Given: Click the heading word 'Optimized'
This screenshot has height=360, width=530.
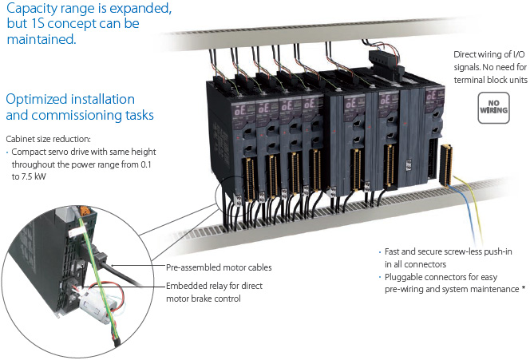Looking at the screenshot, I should [36, 100].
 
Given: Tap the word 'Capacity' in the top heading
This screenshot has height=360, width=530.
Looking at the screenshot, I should [33, 11].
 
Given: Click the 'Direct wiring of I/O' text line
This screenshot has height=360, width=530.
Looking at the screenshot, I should [489, 55].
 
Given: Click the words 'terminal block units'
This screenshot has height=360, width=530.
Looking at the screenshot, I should [488, 81].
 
